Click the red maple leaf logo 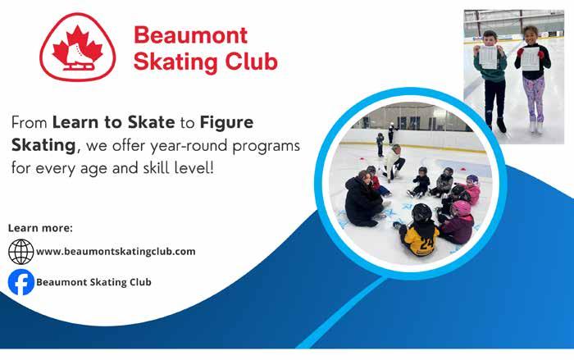point(78,47)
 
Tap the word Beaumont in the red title point(191,35)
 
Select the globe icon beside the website point(20,252)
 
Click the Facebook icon point(21,282)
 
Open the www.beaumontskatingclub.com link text point(116,252)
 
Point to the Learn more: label point(40,228)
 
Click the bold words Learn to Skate point(113,122)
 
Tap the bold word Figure point(226,123)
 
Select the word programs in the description point(266,147)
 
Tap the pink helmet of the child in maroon point(461,208)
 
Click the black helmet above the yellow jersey point(421,212)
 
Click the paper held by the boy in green point(488,57)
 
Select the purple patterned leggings point(534,99)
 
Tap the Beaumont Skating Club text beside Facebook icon point(93,282)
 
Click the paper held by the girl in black point(530,58)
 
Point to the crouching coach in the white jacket point(393,162)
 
